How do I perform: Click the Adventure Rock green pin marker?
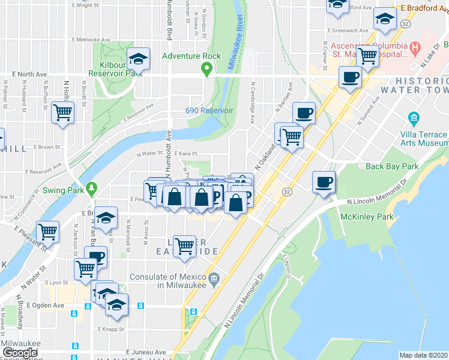(207, 70)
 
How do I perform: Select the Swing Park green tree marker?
(91, 188)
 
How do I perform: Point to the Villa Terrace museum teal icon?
(413, 117)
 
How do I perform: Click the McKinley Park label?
(367, 216)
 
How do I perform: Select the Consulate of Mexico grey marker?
(214, 278)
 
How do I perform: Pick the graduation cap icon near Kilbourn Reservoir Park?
(139, 58)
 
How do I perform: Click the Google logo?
(20, 353)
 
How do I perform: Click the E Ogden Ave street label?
(45, 305)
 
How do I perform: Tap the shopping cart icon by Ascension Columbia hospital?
(367, 56)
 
